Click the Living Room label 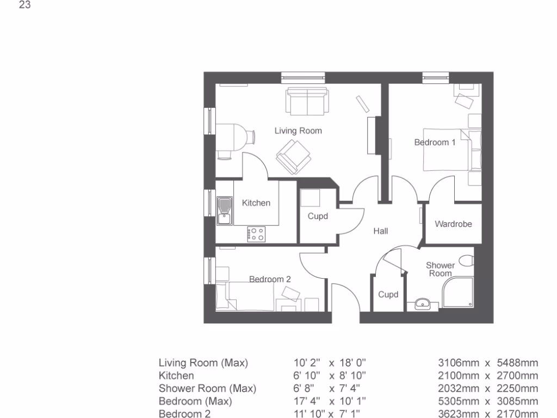pyautogui.click(x=298, y=131)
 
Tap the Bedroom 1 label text pyautogui.click(x=435, y=143)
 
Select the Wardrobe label pyautogui.click(x=453, y=224)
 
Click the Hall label pyautogui.click(x=380, y=231)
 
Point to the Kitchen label pyautogui.click(x=256, y=203)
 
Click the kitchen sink pyautogui.click(x=224, y=211)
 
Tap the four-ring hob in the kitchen pyautogui.click(x=256, y=234)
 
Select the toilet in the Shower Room pyautogui.click(x=465, y=261)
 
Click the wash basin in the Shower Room pyautogui.click(x=423, y=304)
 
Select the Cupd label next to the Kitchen pyautogui.click(x=318, y=216)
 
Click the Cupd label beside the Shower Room pyautogui.click(x=388, y=294)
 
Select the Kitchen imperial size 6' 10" pyautogui.click(x=307, y=376)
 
